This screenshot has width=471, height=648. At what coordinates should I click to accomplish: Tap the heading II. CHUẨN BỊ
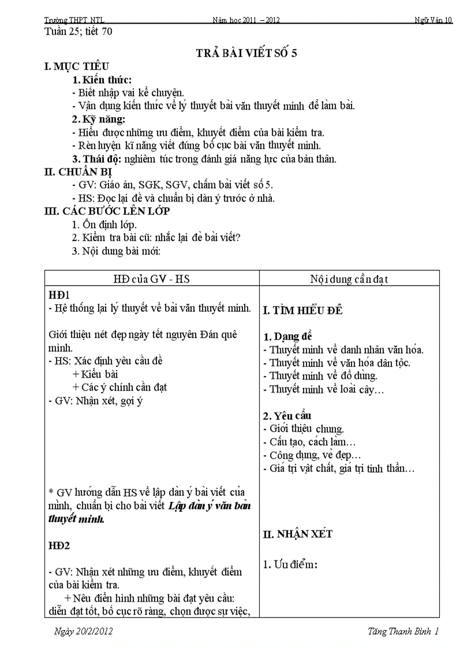(78, 172)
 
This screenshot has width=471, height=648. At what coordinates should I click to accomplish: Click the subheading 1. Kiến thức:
(102, 80)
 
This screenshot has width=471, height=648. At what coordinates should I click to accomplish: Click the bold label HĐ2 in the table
(59, 545)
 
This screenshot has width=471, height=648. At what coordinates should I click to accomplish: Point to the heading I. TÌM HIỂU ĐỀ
(303, 310)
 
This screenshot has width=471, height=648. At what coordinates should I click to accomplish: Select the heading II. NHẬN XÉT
(298, 534)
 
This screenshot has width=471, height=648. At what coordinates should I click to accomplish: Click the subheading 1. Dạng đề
(288, 336)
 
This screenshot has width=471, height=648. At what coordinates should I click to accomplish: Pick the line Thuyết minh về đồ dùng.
(323, 376)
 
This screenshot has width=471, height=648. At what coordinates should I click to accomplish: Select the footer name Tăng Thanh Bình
(400, 631)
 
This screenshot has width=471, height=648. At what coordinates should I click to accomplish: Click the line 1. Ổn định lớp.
(104, 224)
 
